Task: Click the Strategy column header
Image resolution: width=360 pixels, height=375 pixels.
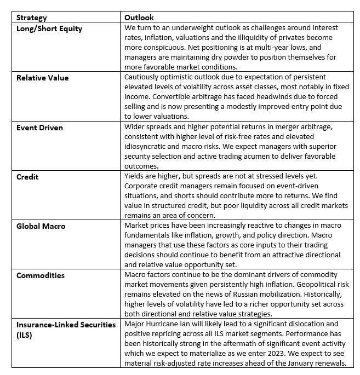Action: pyautogui.click(x=32, y=18)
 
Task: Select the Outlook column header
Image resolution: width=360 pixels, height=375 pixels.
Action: pyautogui.click(x=140, y=18)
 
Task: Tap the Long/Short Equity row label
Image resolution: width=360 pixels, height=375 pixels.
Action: pyautogui.click(x=49, y=28)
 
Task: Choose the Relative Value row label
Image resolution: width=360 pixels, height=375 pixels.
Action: pyautogui.click(x=42, y=78)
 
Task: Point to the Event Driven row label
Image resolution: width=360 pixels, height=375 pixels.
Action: pyautogui.click(x=39, y=128)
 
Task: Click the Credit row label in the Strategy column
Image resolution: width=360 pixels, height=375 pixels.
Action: pyautogui.click(x=28, y=177)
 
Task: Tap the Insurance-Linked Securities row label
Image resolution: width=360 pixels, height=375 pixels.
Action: pyautogui.click(x=66, y=325)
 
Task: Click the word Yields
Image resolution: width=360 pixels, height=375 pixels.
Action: pyautogui.click(x=136, y=177)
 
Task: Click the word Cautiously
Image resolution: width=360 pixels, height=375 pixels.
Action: pyautogui.click(x=145, y=78)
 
